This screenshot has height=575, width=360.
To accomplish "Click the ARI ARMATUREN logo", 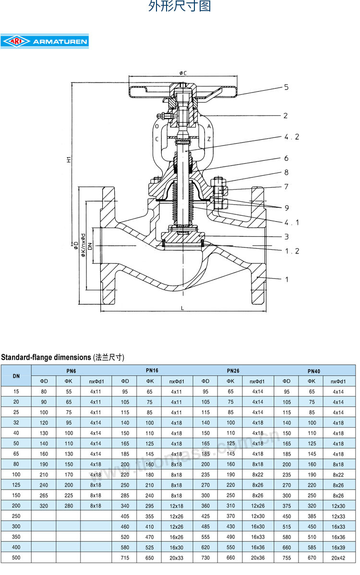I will pyautogui.click(x=45, y=42).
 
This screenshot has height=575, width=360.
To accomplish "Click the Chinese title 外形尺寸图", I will pyautogui.click(x=180, y=7).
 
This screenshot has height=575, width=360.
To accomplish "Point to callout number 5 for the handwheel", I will pyautogui.click(x=286, y=87).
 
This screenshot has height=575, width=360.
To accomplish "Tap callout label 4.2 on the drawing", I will pyautogui.click(x=291, y=137).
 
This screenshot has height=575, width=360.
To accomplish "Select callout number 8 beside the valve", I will pyautogui.click(x=286, y=172).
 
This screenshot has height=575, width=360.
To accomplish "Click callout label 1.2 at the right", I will pyautogui.click(x=291, y=251).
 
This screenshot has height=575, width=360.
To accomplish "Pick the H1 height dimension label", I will pyautogui.click(x=69, y=160).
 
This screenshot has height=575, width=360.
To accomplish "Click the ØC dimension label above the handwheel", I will pyautogui.click(x=183, y=73).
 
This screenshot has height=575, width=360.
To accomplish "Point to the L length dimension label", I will pyautogui.click(x=183, y=308).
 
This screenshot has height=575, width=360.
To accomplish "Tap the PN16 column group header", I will pyautogui.click(x=152, y=371).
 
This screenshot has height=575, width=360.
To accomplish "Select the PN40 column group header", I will pyautogui.click(x=314, y=371).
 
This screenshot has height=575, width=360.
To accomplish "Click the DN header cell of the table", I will pyautogui.click(x=16, y=376).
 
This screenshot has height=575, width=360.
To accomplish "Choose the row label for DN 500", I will pyautogui.click(x=16, y=558).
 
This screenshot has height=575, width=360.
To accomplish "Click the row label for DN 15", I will pyautogui.click(x=16, y=392).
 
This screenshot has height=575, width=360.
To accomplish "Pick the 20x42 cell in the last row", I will pyautogui.click(x=338, y=558).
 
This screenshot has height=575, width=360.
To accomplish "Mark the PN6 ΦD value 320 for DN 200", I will pyautogui.click(x=44, y=506).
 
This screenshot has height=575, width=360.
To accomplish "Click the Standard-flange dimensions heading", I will pyautogui.click(x=63, y=358).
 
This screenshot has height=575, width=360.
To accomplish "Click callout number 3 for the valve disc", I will pyautogui.click(x=286, y=237).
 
